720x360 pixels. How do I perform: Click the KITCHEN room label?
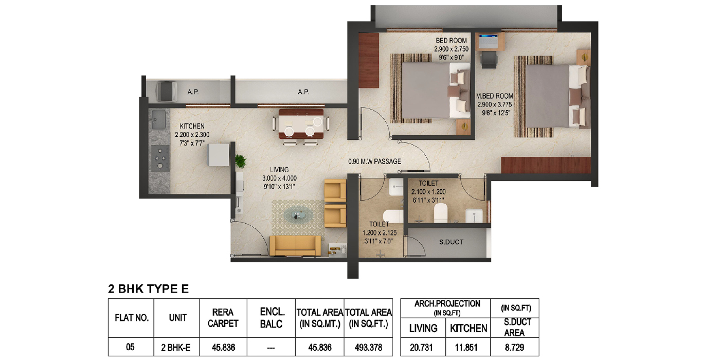point(192,126)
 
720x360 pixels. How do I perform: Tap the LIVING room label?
point(279,169)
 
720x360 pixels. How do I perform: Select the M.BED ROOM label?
point(494,96)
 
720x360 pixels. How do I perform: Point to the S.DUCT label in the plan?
point(452,242)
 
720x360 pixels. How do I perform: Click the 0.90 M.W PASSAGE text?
point(374,161)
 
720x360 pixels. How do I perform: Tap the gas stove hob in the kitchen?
point(160,158)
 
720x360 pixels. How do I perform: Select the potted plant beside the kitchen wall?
point(240,160)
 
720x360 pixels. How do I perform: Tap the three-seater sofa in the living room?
point(295,246)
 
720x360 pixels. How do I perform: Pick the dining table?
point(301,124)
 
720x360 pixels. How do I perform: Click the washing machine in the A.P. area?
point(167,92)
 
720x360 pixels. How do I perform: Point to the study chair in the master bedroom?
point(489,60)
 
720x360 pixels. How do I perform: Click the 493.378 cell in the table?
point(368,348)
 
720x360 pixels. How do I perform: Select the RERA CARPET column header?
point(223,318)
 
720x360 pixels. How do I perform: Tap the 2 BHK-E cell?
point(176,348)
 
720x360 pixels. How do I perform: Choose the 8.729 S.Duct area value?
point(514,348)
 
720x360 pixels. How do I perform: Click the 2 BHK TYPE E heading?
point(148,289)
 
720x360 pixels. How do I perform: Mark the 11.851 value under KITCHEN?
point(466,348)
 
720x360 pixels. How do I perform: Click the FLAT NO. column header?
point(132,318)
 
